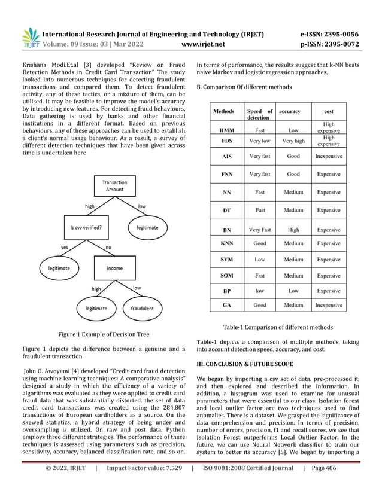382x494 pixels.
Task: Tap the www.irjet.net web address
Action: (205, 44)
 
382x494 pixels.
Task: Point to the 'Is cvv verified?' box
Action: (87, 228)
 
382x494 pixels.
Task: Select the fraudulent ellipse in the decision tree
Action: (139, 309)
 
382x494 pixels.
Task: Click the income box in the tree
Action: (114, 269)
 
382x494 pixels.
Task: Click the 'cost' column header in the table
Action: (329, 111)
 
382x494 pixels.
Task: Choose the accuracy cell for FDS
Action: (293, 141)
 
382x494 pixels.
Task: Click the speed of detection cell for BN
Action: (260, 230)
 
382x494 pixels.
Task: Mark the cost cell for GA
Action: (329, 305)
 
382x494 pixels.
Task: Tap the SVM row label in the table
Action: (227, 260)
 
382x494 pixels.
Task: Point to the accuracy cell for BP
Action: (293, 290)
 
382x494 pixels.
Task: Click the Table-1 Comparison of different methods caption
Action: (277, 327)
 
